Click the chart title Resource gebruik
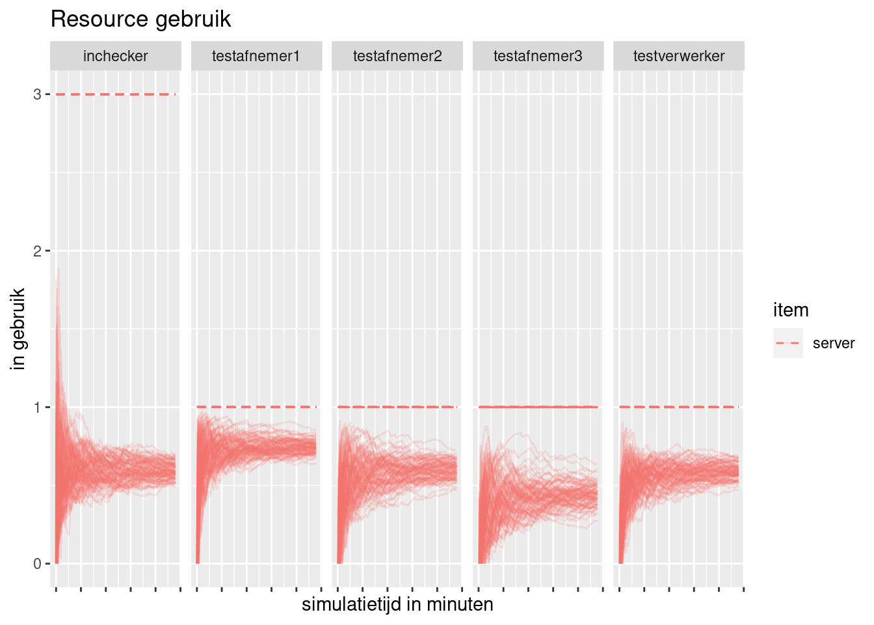click(140, 20)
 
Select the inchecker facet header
click(116, 57)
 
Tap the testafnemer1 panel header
click(256, 57)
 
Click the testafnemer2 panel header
click(397, 57)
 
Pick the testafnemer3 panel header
click(538, 57)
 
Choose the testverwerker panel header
click(679, 57)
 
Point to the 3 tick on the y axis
click(37, 94)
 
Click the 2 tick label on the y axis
click(37, 251)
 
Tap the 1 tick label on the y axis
click(37, 408)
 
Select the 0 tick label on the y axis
click(37, 564)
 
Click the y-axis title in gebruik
click(18, 329)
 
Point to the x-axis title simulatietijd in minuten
click(397, 605)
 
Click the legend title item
click(791, 310)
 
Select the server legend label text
click(834, 344)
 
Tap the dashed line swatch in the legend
click(788, 343)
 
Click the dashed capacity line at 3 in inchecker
click(116, 94)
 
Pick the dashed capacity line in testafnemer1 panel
click(256, 407)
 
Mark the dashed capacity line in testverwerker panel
click(679, 407)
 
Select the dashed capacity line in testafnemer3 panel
click(538, 407)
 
